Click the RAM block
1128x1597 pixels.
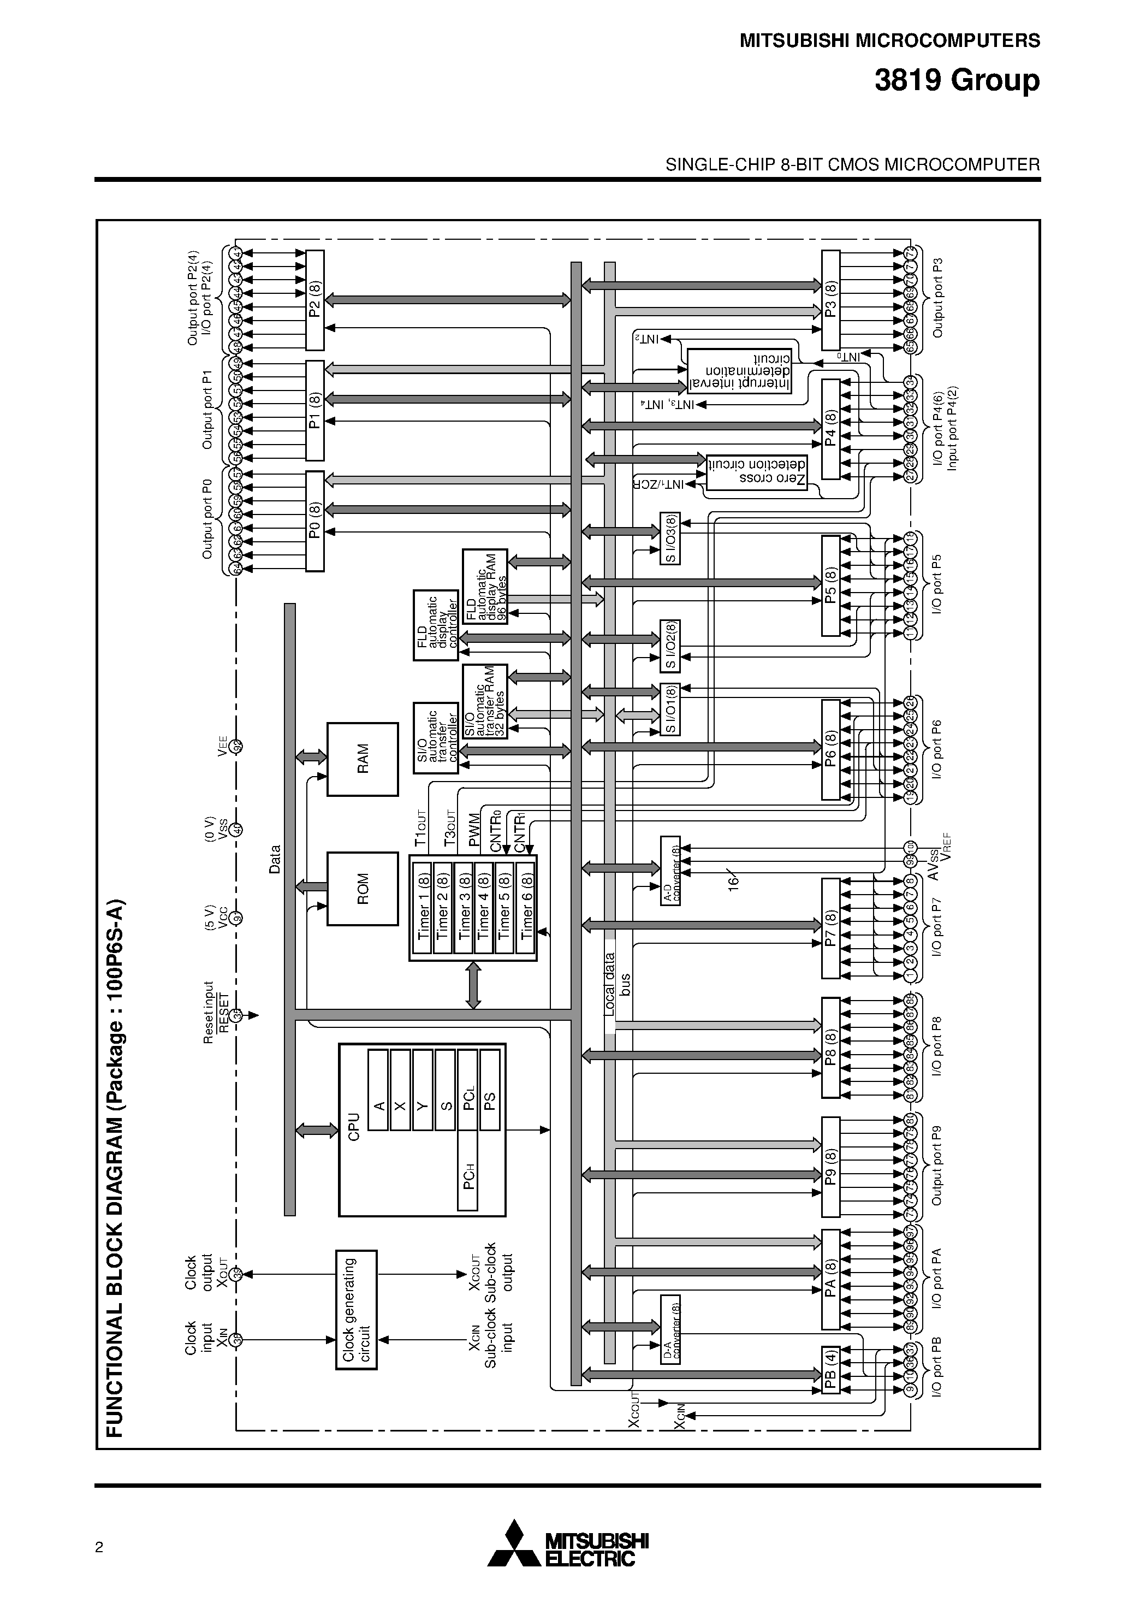click(363, 759)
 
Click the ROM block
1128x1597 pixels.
click(363, 888)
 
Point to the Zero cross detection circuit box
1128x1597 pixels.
click(756, 472)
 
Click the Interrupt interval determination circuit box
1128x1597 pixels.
click(739, 370)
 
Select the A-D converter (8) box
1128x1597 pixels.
click(670, 870)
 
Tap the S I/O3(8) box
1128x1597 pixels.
click(670, 539)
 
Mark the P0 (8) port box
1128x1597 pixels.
click(315, 521)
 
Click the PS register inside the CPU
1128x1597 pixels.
click(490, 1101)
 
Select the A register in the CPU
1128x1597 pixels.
click(378, 1101)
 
